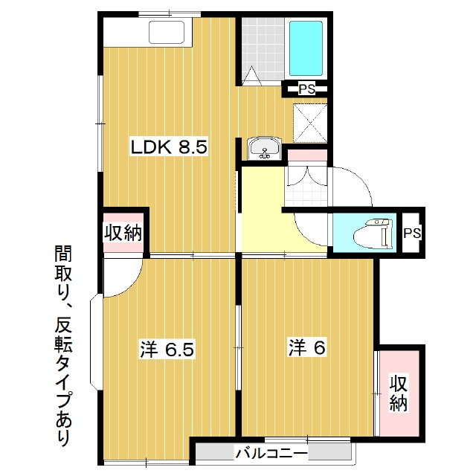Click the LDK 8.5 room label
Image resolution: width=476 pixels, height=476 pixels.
pos(169,147)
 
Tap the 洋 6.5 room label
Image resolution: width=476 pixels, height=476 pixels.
pos(167,349)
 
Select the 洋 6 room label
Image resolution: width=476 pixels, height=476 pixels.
pos(307,348)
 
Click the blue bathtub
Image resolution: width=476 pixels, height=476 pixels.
pos(306,48)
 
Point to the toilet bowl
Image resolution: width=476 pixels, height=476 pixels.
pos(373,233)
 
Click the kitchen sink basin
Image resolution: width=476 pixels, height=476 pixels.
pos(167,32)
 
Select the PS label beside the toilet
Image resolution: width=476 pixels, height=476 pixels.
pos(412,233)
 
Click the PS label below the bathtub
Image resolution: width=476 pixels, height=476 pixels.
pos(306,89)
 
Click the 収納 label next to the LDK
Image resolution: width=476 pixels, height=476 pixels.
pos(123,233)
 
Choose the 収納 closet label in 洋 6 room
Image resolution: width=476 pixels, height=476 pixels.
pos(399,393)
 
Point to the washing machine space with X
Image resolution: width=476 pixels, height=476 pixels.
pos(310,123)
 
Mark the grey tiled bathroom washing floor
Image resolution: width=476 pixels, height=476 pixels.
pos(263,48)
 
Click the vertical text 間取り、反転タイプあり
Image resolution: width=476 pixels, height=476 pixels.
pos(63,345)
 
